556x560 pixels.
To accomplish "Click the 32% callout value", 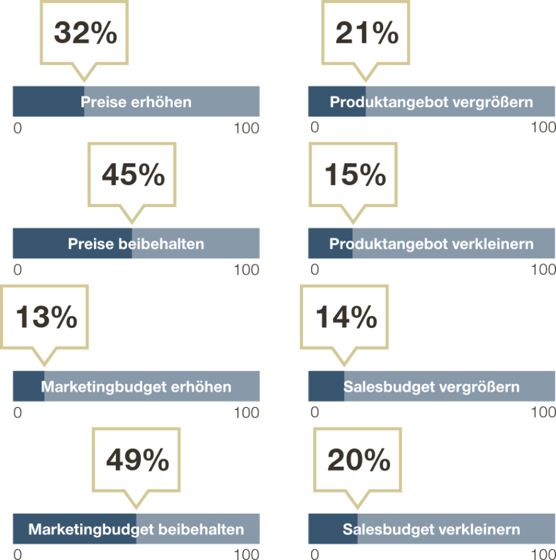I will (x=85, y=33).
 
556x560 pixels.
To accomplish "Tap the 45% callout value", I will (x=133, y=175).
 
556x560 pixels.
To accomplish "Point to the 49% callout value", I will (x=137, y=460).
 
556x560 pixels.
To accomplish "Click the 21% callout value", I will (x=367, y=33).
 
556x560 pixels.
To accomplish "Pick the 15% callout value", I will (x=355, y=175).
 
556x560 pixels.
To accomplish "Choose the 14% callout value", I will (x=346, y=318).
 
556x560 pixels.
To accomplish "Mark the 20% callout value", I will (x=358, y=460).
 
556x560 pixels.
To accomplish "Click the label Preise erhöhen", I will (x=136, y=102).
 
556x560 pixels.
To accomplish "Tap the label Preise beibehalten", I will (x=136, y=244).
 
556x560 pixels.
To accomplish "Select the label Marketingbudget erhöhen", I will (x=136, y=387).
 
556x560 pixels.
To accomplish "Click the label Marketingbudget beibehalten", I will (x=136, y=530).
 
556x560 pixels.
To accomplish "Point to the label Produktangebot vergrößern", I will (x=432, y=102).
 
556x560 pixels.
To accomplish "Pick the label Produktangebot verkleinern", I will (x=432, y=244).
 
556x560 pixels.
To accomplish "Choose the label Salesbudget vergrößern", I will (x=432, y=387).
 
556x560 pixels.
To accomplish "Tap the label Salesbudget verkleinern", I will (x=432, y=530).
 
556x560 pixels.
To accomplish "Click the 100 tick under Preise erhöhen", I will (x=246, y=128).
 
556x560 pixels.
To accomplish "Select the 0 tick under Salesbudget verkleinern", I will (x=314, y=555).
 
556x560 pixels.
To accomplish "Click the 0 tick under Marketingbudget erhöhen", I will (x=18, y=413).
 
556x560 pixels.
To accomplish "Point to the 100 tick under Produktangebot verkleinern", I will (x=543, y=270).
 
